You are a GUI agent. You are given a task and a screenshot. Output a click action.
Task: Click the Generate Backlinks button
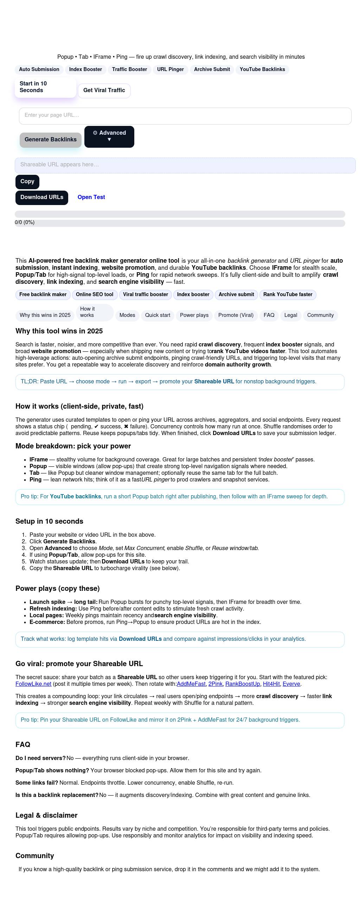[51, 140]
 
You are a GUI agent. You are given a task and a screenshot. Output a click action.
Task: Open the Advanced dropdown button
[109, 136]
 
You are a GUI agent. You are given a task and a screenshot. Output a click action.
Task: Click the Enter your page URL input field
[185, 116]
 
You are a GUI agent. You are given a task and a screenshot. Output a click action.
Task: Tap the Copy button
[27, 181]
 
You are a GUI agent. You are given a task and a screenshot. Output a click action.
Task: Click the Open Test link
[91, 197]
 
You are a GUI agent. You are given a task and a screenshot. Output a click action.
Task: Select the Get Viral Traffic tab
[104, 90]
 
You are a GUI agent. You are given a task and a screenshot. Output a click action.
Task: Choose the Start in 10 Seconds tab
[45, 87]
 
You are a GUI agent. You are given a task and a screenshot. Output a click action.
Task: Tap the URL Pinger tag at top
[171, 70]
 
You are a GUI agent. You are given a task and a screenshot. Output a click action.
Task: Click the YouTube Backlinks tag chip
[262, 70]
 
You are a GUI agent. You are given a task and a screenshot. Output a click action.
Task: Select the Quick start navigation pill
[157, 315]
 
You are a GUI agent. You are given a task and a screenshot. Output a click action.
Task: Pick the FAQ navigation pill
[269, 315]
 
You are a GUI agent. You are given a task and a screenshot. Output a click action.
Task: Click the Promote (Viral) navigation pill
[236, 315]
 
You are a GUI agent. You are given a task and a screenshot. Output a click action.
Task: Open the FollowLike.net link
[33, 684]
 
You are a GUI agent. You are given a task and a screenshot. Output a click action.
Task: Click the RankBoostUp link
[243, 684]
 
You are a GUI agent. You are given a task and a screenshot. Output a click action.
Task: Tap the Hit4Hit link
[271, 684]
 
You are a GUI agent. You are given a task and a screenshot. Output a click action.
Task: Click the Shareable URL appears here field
[185, 165]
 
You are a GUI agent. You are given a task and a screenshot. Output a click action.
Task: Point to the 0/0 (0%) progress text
[25, 222]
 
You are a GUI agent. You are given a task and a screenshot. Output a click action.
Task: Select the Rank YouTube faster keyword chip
[288, 295]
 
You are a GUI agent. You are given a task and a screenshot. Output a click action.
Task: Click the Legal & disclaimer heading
[46, 815]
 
